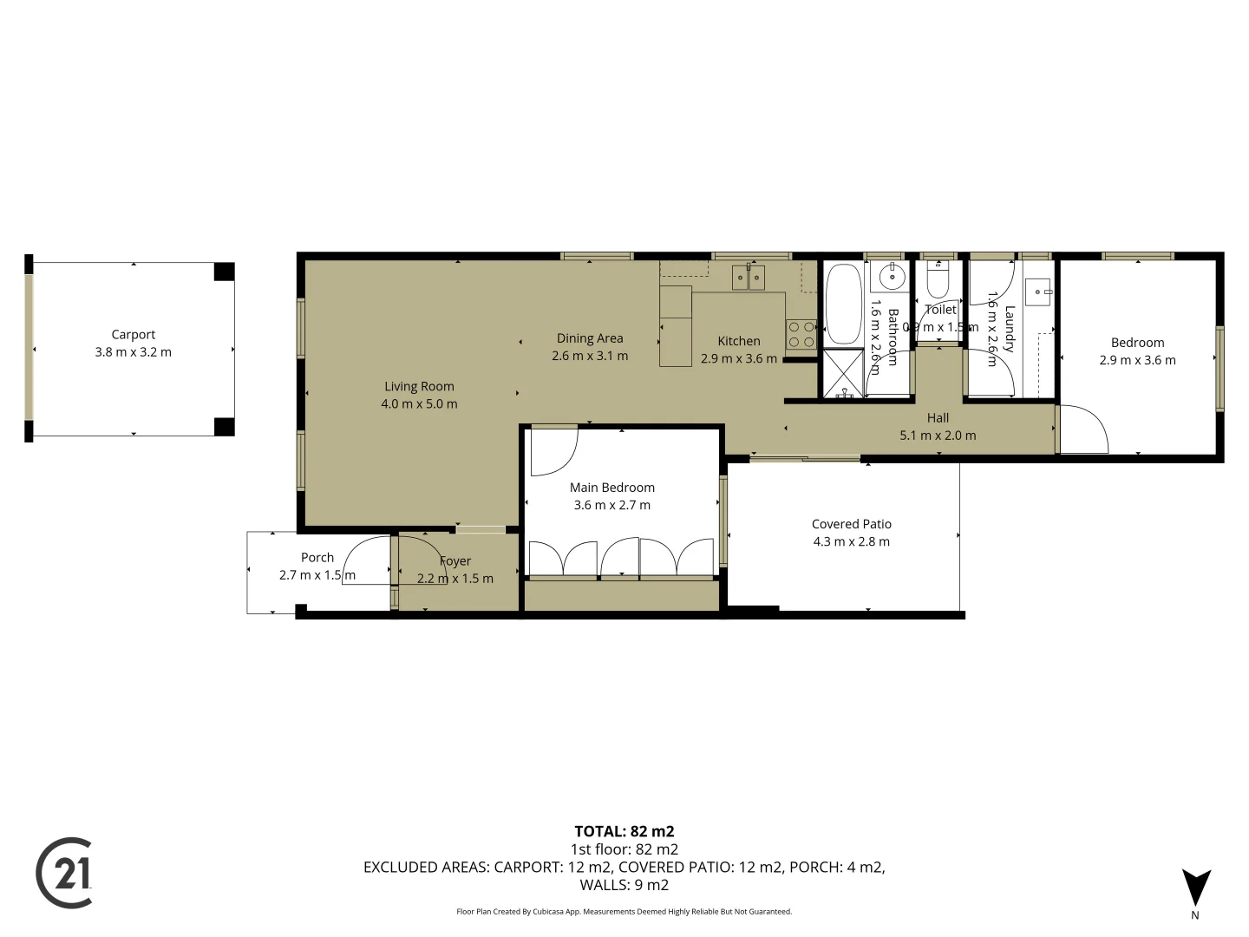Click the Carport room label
click(133, 334)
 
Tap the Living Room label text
click(419, 386)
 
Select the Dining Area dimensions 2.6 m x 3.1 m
click(590, 356)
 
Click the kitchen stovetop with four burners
click(801, 335)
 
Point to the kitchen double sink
click(748, 278)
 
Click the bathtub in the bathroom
click(842, 305)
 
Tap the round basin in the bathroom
click(891, 278)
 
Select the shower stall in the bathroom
click(842, 374)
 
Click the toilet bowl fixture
click(938, 281)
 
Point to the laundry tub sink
click(1038, 292)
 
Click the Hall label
click(938, 417)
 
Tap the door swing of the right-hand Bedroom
click(1083, 429)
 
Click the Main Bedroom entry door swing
click(553, 451)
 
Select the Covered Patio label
click(851, 524)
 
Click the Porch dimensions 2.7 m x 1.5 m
click(317, 575)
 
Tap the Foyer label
click(455, 561)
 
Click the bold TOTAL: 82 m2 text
click(624, 831)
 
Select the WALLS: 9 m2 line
click(624, 885)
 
